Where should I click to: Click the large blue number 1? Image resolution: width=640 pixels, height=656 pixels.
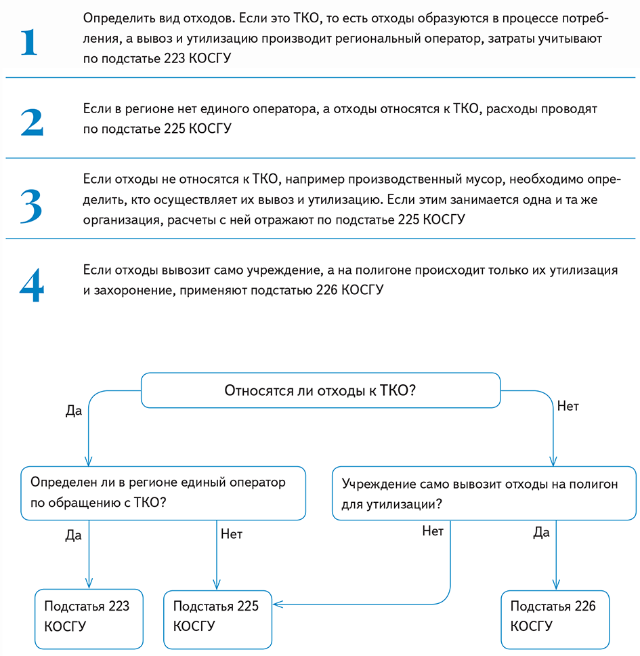pos(30,42)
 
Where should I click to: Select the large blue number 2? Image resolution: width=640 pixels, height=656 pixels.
pos(32,121)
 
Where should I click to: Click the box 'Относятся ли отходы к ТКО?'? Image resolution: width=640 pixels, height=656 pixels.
pos(320,390)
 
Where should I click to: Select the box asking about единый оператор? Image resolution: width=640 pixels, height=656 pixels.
pos(163,493)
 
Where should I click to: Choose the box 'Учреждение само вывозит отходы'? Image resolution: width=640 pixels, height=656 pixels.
pos(484,493)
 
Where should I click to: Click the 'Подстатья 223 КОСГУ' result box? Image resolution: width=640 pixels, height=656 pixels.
pos(89,616)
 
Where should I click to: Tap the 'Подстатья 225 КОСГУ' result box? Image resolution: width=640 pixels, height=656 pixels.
pos(217,616)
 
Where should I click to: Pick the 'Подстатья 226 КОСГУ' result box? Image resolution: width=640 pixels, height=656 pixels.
pos(555,616)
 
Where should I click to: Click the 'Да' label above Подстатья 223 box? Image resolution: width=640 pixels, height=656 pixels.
pos(73,535)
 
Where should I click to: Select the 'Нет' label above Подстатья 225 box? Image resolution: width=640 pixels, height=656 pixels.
pos(231,533)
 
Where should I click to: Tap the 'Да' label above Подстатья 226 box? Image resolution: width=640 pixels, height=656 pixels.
pos(540,532)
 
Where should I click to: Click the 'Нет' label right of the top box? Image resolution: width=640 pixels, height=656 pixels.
pos(568,407)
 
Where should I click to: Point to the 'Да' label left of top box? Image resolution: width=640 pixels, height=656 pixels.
pos(73,411)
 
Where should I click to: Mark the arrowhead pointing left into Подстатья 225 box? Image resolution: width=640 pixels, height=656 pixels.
pos(277,604)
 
